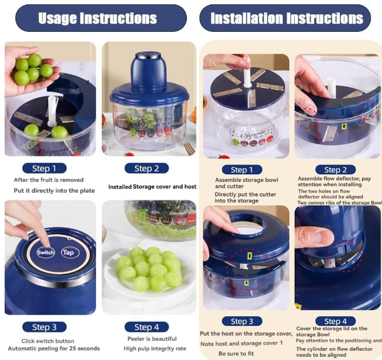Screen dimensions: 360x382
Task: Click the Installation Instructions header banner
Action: point(285,18)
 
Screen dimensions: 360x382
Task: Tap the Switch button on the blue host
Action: point(45,252)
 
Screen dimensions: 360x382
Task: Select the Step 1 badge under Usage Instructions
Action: point(44,168)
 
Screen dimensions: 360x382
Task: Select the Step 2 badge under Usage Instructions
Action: point(146,168)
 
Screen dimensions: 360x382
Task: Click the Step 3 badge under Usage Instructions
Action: point(44,327)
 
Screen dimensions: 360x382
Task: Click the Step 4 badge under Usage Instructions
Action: point(146,327)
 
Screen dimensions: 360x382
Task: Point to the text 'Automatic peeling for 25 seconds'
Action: point(53,349)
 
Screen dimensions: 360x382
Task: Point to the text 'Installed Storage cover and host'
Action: point(152,187)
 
